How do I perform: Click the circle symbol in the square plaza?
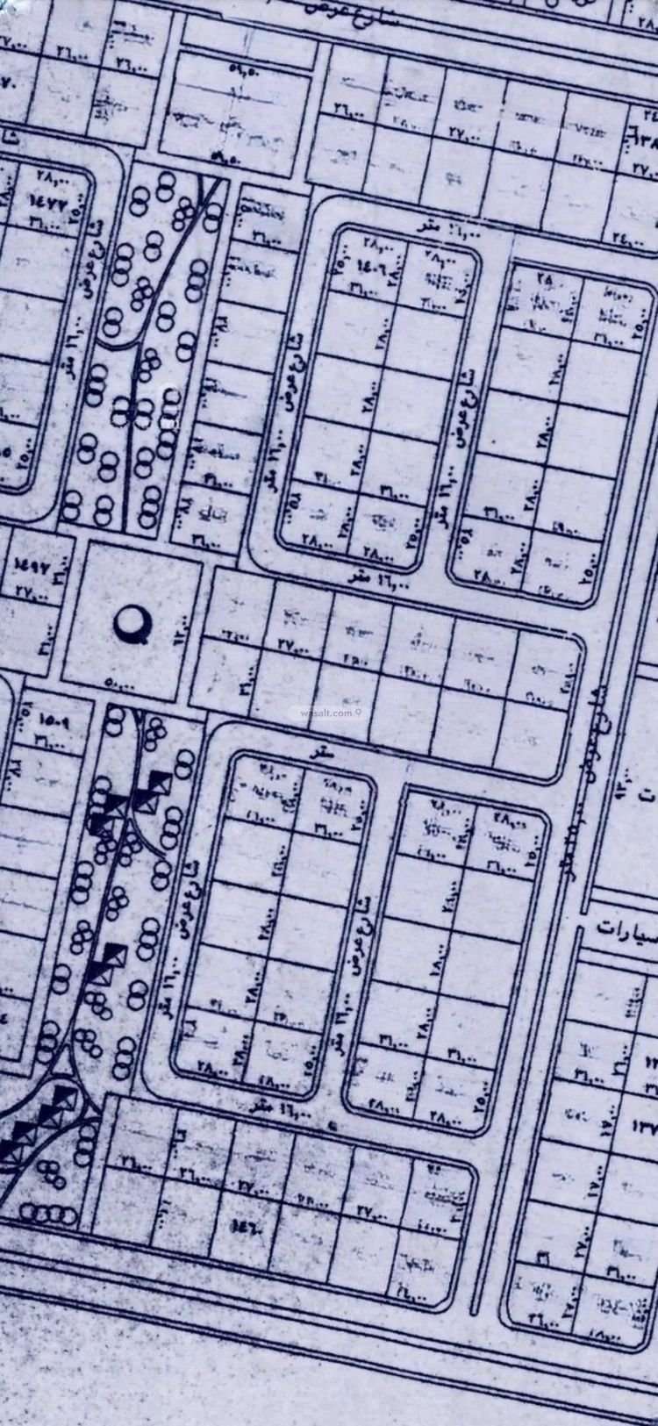134,624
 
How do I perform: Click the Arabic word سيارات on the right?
624,927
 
